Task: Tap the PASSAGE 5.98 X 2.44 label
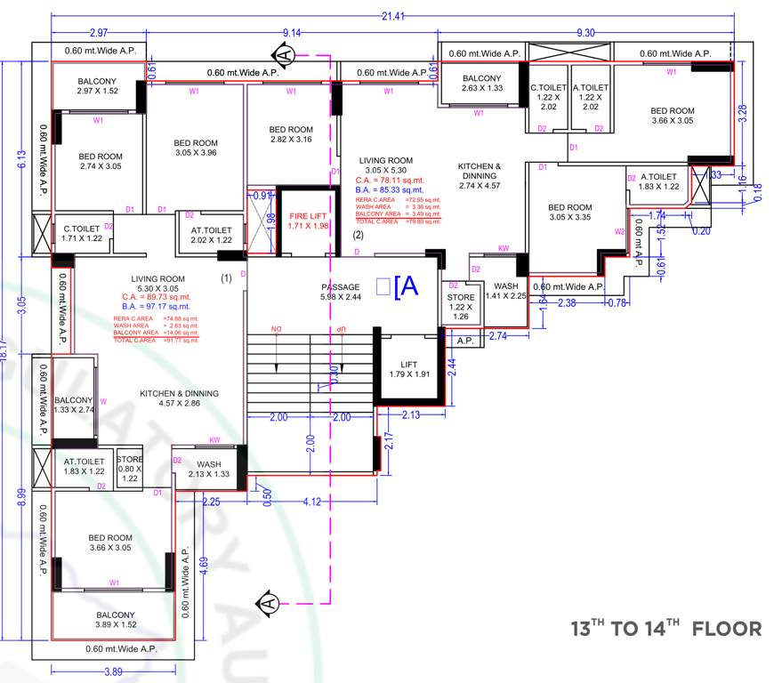click(x=340, y=293)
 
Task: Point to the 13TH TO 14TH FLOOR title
click(x=665, y=629)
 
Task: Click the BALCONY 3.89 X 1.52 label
click(x=116, y=620)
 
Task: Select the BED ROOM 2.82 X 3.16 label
click(x=291, y=134)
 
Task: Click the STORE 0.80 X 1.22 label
click(x=130, y=469)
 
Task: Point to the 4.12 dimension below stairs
click(x=312, y=502)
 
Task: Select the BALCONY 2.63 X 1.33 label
click(x=482, y=83)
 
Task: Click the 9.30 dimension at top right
click(x=585, y=33)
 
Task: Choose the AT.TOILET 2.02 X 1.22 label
click(x=211, y=235)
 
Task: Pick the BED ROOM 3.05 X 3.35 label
click(x=569, y=213)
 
